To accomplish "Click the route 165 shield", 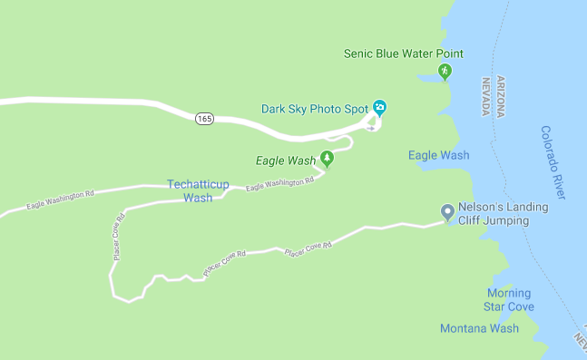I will point(204,119).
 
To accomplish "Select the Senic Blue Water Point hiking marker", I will point(445,72).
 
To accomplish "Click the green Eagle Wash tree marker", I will point(327,161).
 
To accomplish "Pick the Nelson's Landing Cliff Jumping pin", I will point(446,212).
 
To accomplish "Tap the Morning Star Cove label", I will point(508,300).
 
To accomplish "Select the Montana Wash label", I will point(479,328).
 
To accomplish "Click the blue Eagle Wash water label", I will point(439,155).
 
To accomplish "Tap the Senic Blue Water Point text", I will point(403,54).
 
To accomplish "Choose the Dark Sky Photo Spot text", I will point(314,109).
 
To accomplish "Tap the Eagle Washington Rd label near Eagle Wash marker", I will point(279,183).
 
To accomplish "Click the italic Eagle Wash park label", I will point(286,161).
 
